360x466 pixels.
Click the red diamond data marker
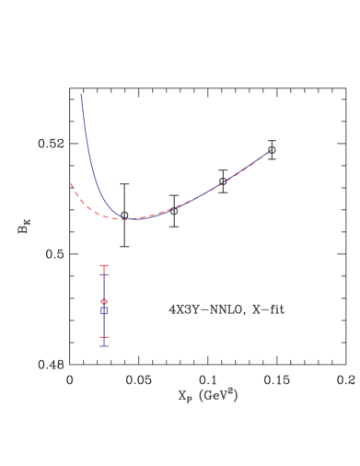click(104, 302)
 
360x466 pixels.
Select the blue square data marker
click(104, 311)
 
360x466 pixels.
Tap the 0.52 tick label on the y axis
click(52, 144)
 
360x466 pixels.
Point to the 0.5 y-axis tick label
click(57, 254)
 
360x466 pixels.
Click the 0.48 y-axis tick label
click(52, 365)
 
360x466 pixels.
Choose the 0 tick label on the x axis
click(70, 379)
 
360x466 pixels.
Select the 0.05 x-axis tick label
click(138, 379)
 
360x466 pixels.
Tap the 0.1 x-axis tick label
click(208, 379)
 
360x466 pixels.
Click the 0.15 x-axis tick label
click(276, 379)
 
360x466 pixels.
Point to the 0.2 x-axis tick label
click(345, 379)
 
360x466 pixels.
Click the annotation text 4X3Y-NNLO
click(202, 310)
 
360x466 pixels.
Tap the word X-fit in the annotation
click(267, 310)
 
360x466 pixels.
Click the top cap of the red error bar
click(104, 266)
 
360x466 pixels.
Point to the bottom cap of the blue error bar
click(104, 346)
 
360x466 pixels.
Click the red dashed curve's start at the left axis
click(71, 183)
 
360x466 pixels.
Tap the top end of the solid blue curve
click(81, 93)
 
